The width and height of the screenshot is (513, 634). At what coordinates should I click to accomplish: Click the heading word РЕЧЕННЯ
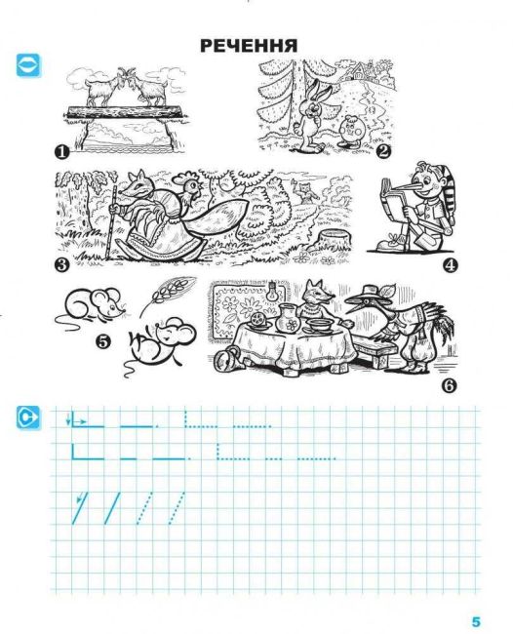click(249, 46)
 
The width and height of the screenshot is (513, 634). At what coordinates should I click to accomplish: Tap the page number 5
click(475, 621)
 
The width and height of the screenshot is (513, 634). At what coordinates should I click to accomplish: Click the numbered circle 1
click(61, 153)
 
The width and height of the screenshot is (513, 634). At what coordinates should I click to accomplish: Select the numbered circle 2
click(383, 151)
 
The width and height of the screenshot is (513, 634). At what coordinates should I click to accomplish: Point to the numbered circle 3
click(61, 265)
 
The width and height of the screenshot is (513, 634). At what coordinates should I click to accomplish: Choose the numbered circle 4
click(450, 265)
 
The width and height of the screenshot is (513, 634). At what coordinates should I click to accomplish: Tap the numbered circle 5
click(102, 341)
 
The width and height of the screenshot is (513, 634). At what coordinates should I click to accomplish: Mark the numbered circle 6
click(449, 385)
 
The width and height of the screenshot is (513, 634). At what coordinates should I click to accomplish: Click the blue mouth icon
click(28, 65)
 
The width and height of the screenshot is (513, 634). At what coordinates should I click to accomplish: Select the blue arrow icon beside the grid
click(28, 417)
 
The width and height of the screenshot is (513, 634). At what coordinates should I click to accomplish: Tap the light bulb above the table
click(272, 292)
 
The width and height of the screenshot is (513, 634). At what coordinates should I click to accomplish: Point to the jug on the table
click(288, 318)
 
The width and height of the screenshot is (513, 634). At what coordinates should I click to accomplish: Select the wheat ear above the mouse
click(169, 294)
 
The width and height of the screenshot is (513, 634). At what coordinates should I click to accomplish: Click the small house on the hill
click(360, 72)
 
